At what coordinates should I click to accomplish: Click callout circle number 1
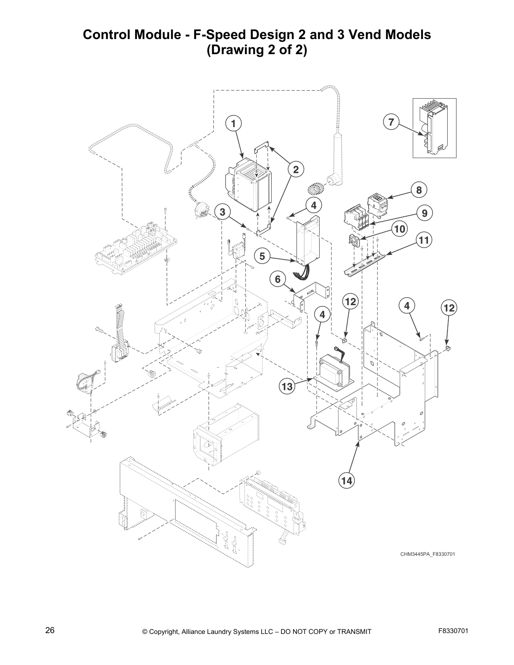pyautogui.click(x=233, y=123)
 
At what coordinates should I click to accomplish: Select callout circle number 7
pyautogui.click(x=391, y=122)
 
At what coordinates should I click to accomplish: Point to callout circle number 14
pyautogui.click(x=347, y=481)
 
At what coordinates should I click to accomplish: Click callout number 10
pyautogui.click(x=400, y=229)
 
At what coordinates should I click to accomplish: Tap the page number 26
pyautogui.click(x=50, y=631)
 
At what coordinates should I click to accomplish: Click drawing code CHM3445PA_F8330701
pyautogui.click(x=427, y=554)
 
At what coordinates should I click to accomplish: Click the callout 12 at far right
pyautogui.click(x=449, y=308)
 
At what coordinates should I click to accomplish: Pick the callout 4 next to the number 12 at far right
pyautogui.click(x=406, y=306)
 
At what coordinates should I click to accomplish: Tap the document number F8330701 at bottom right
pyautogui.click(x=453, y=631)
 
